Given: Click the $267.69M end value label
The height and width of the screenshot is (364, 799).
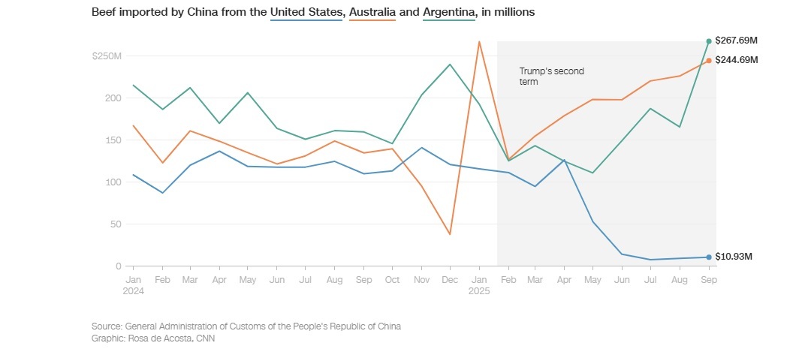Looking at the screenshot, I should (737, 41).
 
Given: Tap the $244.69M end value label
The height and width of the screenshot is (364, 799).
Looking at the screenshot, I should (737, 60).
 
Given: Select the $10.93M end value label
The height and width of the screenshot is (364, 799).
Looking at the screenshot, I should (734, 257).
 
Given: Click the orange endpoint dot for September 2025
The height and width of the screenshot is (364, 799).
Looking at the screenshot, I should (708, 61).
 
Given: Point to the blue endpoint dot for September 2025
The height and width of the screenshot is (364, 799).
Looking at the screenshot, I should (708, 257).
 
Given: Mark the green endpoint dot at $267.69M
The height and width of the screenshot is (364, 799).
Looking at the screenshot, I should (708, 41).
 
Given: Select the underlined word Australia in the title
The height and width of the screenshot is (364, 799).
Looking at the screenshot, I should (372, 14).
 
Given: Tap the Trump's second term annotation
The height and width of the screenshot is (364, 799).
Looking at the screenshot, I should (551, 76).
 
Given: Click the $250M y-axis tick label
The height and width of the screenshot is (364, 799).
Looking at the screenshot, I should (106, 56).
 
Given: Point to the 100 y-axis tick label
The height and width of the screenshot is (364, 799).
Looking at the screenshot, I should (113, 182).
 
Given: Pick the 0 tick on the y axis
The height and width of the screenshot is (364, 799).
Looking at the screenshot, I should (118, 266).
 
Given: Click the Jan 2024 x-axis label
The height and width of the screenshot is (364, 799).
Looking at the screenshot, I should (133, 284).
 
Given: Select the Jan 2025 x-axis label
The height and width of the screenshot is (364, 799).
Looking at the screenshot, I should (478, 284).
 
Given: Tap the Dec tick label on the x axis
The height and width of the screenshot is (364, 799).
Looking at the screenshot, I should (450, 278).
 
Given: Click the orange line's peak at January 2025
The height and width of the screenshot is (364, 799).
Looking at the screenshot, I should (479, 41).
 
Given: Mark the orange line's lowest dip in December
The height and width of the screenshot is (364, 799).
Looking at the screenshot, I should (450, 234).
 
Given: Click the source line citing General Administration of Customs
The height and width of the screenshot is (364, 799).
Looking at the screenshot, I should (246, 326).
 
